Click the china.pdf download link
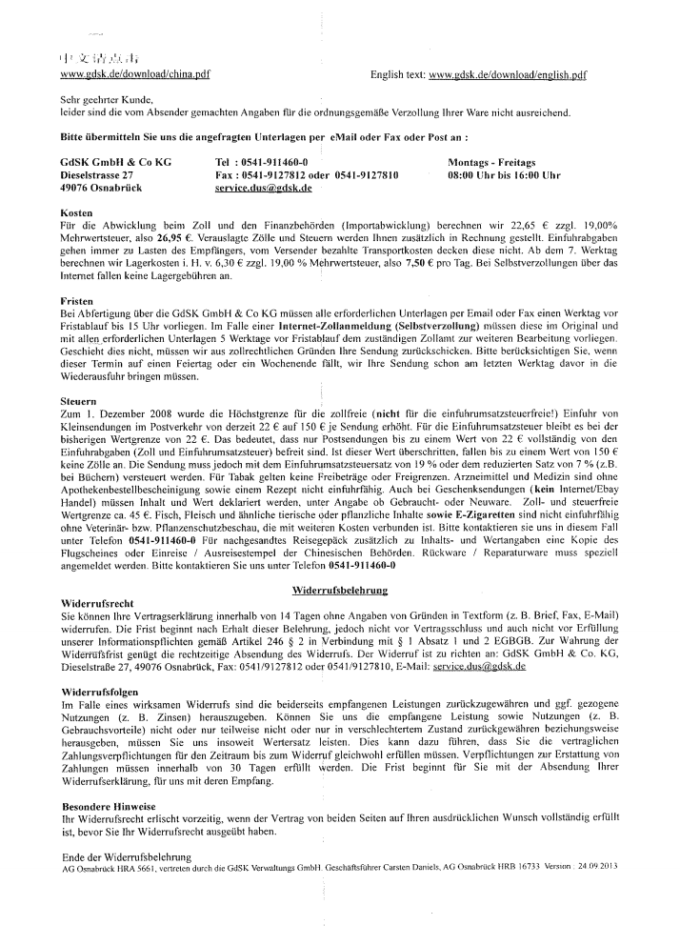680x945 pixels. coord(135,73)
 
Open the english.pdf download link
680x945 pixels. coord(508,73)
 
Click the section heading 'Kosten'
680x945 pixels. coord(75,212)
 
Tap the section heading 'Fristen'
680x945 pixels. coord(77,300)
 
